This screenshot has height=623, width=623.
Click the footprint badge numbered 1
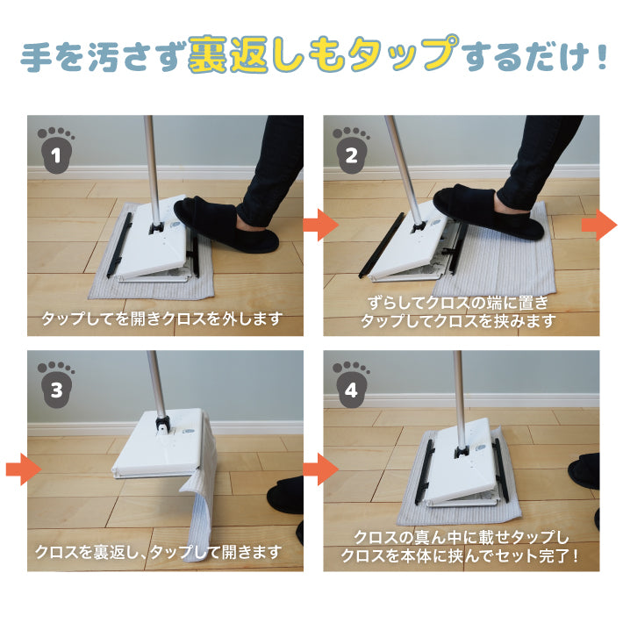[56, 150]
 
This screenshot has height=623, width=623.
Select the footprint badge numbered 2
[351, 150]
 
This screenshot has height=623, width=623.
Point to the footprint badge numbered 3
[56, 384]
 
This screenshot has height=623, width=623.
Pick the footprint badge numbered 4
[351, 384]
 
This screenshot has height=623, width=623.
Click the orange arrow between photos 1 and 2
[321, 225]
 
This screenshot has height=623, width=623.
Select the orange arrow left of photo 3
[24, 469]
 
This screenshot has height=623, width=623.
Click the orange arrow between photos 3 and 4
[321, 469]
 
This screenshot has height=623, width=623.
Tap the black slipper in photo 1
[226, 226]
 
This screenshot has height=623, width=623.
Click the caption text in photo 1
[162, 319]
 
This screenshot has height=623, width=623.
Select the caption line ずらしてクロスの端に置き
[458, 303]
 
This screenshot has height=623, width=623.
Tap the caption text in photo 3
[158, 552]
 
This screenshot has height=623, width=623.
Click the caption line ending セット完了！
[460, 555]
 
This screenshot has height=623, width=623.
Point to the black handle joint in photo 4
[461, 451]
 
